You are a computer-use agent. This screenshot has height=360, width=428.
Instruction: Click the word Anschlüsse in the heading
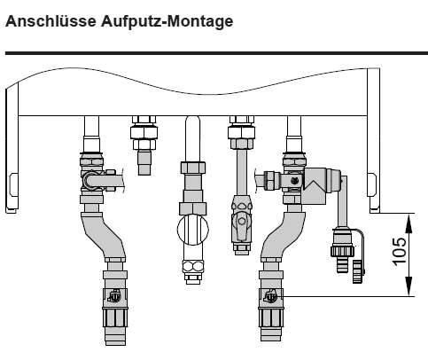pyautogui.click(x=51, y=21)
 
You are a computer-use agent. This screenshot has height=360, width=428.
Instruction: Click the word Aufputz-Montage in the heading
pyautogui.click(x=167, y=22)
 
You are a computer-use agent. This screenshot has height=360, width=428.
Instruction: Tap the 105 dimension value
pyautogui.click(x=399, y=251)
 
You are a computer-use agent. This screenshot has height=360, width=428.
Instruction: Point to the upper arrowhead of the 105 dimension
pyautogui.click(x=409, y=223)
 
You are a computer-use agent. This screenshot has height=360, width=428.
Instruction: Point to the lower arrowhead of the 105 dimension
pyautogui.click(x=409, y=286)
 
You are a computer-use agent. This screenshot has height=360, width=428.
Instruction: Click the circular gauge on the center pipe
pyautogui.click(x=193, y=230)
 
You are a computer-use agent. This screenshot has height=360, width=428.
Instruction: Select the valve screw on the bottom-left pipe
pyautogui.click(x=115, y=296)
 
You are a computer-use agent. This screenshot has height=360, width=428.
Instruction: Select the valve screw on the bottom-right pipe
pyautogui.click(x=270, y=296)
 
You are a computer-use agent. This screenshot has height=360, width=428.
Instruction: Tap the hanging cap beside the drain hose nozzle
pyautogui.click(x=358, y=271)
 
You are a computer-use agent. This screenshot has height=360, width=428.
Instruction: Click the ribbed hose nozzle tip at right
pyautogui.click(x=343, y=264)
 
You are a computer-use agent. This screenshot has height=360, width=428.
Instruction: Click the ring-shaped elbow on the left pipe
pyautogui.click(x=89, y=180)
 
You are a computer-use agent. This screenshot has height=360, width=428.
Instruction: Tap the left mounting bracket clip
pyautogui.click(x=13, y=184)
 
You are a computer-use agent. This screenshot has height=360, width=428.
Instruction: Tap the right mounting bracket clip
pyautogui.click(x=372, y=184)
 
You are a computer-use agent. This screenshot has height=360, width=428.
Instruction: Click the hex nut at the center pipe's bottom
pyautogui.click(x=193, y=267)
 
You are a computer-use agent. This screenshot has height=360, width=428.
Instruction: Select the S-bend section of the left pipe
pyautogui.click(x=104, y=235)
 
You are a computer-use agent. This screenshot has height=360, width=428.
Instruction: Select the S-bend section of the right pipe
pyautogui.click(x=282, y=235)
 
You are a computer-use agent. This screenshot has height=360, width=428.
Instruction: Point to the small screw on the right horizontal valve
pyautogui.click(x=294, y=180)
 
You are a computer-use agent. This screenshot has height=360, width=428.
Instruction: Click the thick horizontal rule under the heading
pyautogui.click(x=216, y=53)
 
